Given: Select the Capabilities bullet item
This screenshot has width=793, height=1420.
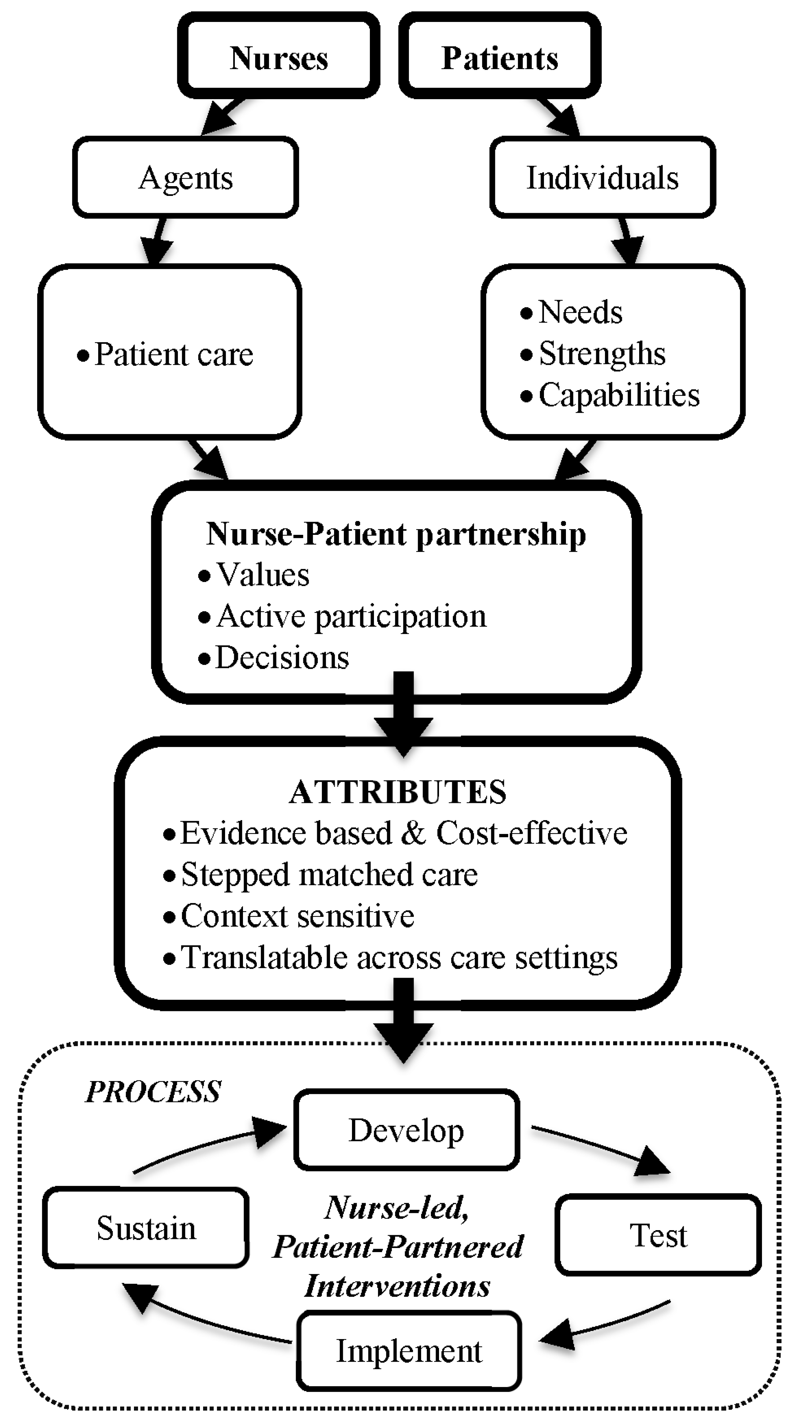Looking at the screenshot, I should tap(619, 395).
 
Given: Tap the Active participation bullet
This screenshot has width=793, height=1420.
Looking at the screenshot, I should tap(351, 616).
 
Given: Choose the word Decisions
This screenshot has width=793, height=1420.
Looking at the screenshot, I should tap(282, 657).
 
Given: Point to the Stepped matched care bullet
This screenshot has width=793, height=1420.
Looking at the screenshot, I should tap(329, 874).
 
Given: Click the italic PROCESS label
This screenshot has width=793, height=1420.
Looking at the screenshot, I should tap(153, 1092).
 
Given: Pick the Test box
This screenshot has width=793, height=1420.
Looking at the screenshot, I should tap(658, 1235).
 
